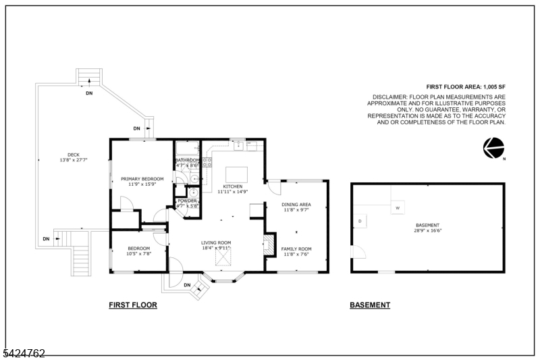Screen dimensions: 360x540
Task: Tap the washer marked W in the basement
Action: point(398,208)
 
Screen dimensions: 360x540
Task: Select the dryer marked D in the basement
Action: point(360,221)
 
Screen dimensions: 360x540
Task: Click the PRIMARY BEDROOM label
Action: point(142,179)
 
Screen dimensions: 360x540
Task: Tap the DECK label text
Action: point(74,155)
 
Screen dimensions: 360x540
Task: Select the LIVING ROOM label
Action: point(216,242)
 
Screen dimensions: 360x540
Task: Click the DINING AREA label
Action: point(296,204)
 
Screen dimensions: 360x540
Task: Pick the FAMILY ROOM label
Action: point(296,249)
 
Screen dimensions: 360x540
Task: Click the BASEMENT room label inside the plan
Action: point(427,225)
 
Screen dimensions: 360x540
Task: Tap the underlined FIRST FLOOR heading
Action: point(133,305)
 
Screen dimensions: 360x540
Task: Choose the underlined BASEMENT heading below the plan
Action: point(369,305)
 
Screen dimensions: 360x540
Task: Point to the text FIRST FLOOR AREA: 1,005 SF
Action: point(466,87)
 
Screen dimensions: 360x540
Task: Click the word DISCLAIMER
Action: point(389,97)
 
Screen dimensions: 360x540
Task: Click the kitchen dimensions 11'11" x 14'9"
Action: point(233,192)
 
